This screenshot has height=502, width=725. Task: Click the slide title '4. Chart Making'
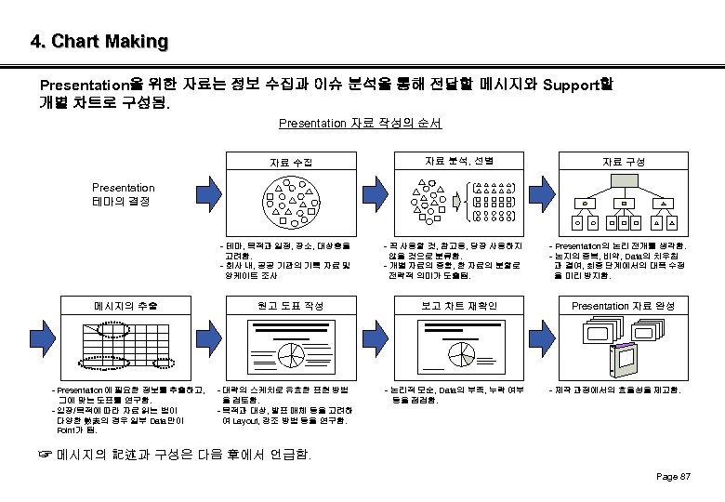pyautogui.click(x=99, y=42)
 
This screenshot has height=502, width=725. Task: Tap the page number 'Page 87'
pyautogui.click(x=673, y=477)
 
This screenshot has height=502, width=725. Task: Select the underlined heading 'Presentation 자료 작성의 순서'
pyautogui.click(x=360, y=123)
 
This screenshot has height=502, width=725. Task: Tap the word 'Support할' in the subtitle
pyautogui.click(x=577, y=85)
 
